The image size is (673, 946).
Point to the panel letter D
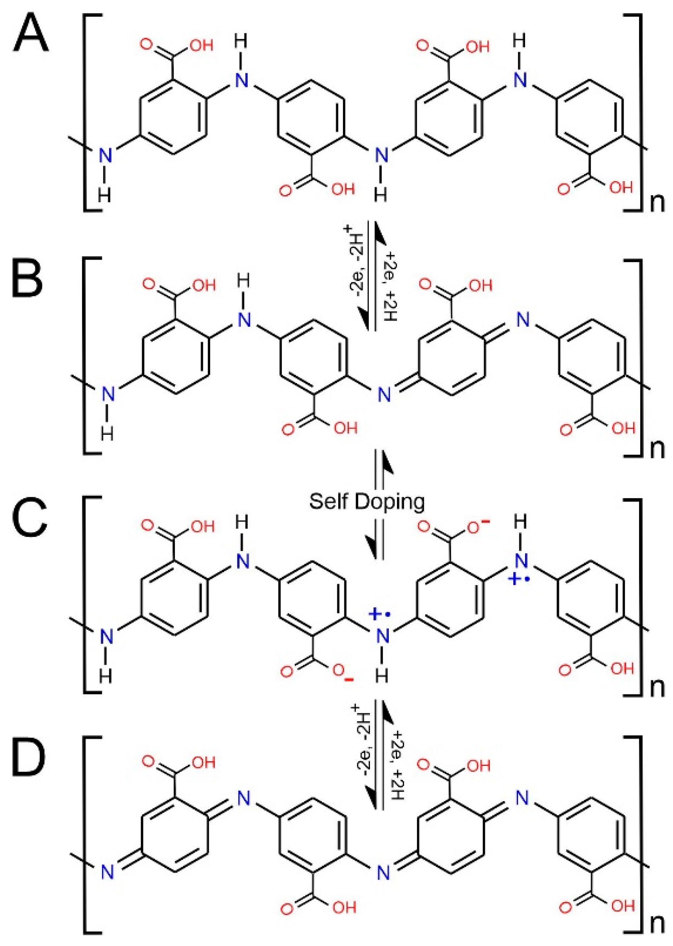point(28,763)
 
